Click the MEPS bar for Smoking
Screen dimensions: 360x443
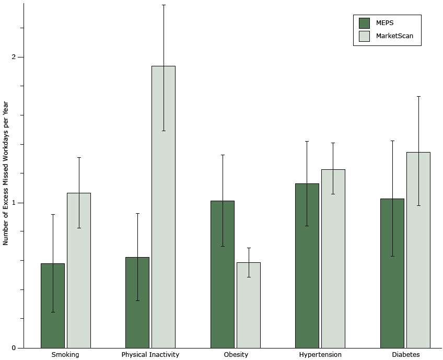[x=53, y=306]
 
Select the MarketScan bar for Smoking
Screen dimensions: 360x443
[x=79, y=271]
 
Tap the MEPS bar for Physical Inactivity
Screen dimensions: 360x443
[x=137, y=303]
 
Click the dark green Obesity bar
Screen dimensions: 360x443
[x=223, y=274]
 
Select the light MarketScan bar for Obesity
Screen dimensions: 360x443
[x=249, y=305]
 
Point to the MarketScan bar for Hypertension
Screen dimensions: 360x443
[x=333, y=259]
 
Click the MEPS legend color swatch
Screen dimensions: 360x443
[x=364, y=23]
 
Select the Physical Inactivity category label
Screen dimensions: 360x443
[x=150, y=355]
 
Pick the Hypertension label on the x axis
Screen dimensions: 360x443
[x=320, y=355]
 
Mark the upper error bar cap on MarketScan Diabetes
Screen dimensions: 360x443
[x=418, y=96]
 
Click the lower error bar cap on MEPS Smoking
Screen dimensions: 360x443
[x=53, y=312]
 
